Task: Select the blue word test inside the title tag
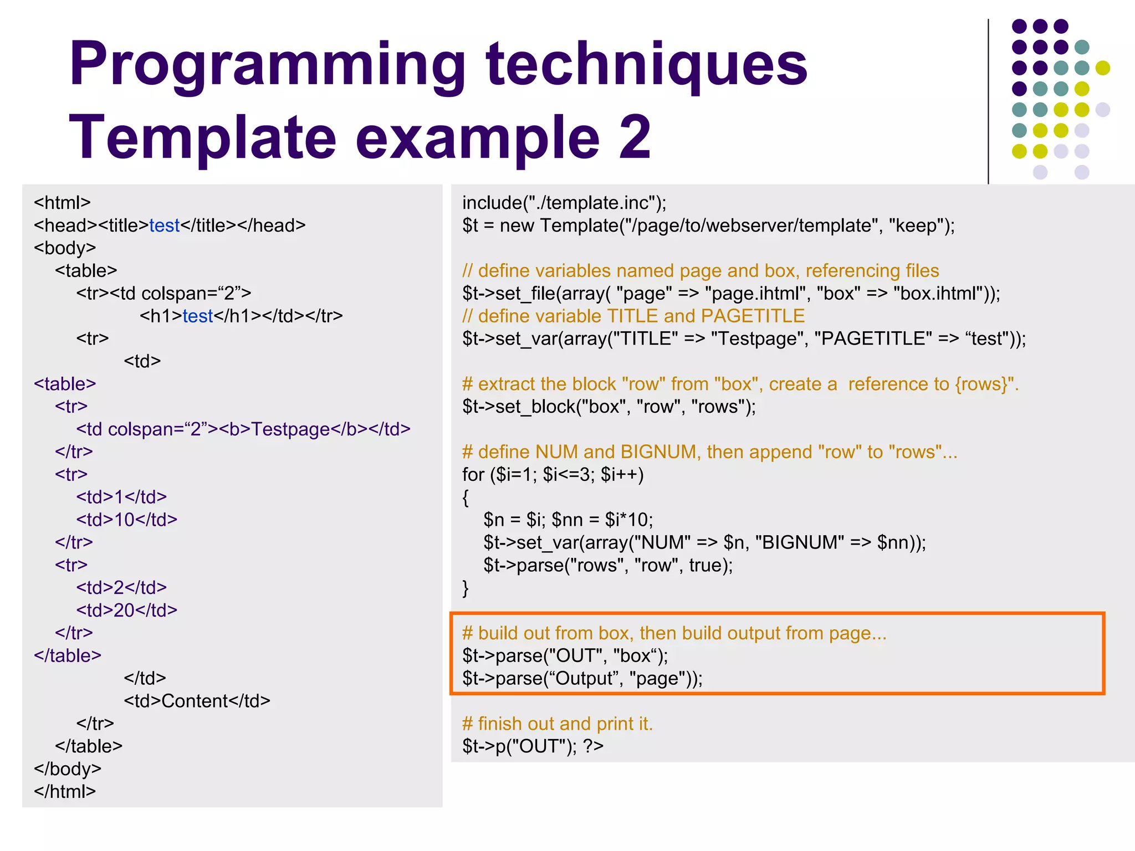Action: [x=164, y=225]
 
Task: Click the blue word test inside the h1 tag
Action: [x=197, y=316]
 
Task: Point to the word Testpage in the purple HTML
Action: [x=290, y=429]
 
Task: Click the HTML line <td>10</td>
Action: [x=126, y=520]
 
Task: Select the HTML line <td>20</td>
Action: [x=126, y=610]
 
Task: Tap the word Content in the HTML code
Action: [x=195, y=701]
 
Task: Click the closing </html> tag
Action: [x=64, y=791]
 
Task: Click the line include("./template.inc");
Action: [x=564, y=203]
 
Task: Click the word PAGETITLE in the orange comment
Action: [x=752, y=316]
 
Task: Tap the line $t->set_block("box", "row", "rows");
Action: [x=609, y=407]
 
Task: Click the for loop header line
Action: [x=553, y=475]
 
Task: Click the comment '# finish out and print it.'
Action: [x=557, y=724]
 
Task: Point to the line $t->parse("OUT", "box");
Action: [x=565, y=656]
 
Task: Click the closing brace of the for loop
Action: [x=466, y=588]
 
